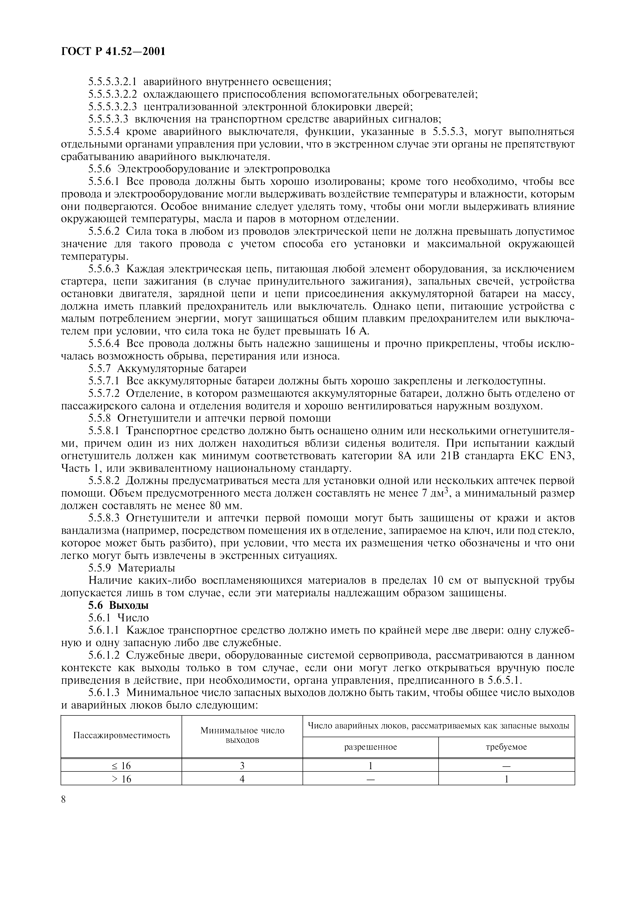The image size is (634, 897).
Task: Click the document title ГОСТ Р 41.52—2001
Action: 113,51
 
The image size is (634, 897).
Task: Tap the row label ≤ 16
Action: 121,766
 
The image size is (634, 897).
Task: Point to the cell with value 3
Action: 242,766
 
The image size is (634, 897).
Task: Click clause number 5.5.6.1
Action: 106,182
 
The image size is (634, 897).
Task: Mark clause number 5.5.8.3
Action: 106,518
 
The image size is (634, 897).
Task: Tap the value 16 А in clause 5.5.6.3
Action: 357,331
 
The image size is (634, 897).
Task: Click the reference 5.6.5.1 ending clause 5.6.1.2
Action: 504,680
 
